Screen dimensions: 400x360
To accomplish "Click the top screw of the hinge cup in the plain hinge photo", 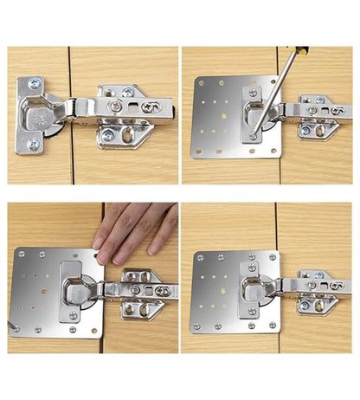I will point(32,84).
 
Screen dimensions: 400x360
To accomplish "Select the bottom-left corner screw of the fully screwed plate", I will point(197,327).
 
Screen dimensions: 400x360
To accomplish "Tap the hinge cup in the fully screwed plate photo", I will point(250,290).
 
